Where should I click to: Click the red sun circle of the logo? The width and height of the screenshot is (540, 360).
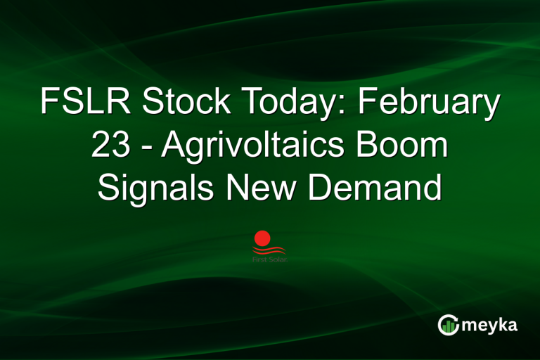pos(263,238)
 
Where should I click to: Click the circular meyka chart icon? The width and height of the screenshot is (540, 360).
pos(448,325)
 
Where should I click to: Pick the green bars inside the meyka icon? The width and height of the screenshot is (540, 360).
pos(449,326)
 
